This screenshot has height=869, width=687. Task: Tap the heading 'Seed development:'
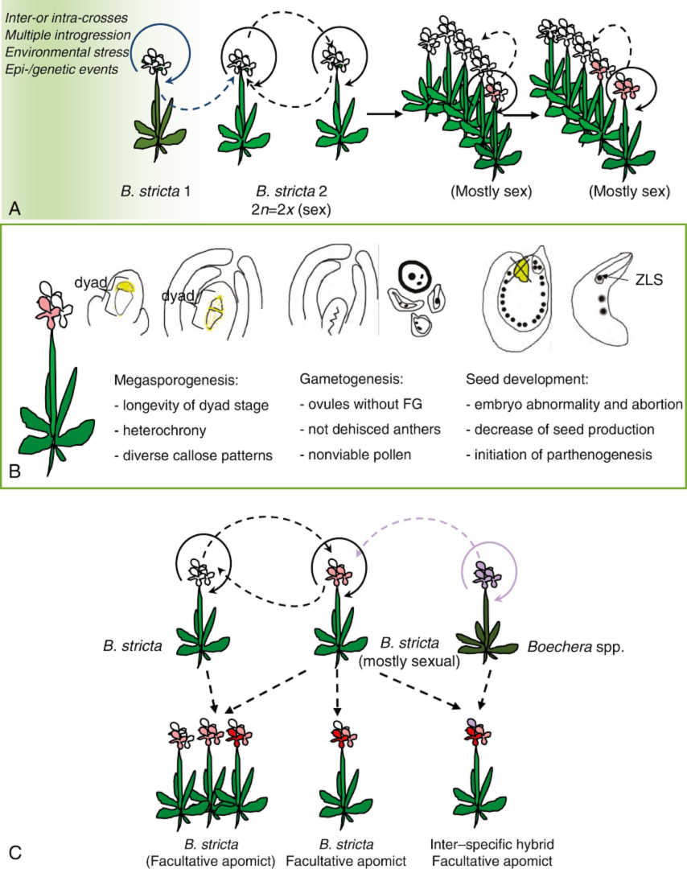[516, 377]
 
